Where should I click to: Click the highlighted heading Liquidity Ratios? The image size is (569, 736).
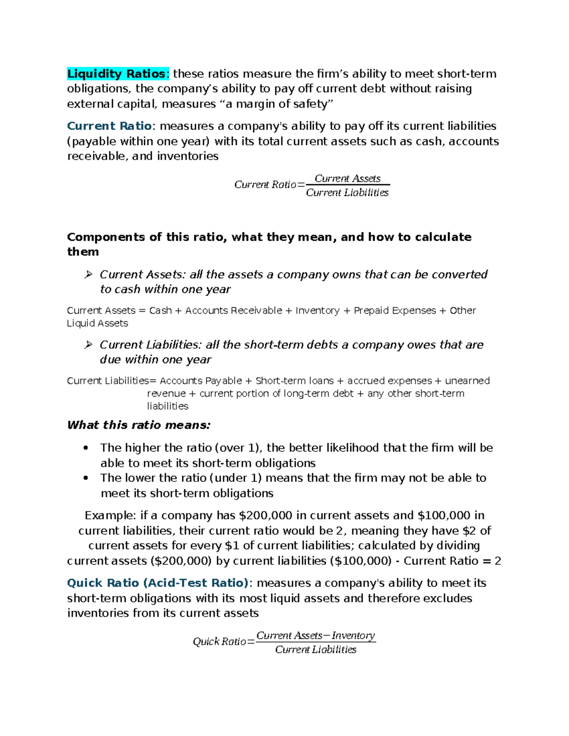coord(116,74)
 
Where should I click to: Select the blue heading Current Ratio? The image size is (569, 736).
coord(109,126)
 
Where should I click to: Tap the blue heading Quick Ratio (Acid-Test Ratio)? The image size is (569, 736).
coord(157,583)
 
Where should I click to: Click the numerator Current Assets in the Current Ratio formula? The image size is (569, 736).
coord(348,179)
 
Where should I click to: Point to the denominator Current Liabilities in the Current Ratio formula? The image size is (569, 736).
coord(347,192)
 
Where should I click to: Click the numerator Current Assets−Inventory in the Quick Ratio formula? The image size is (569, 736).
coord(315,636)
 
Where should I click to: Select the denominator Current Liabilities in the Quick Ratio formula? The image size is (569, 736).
coord(315,650)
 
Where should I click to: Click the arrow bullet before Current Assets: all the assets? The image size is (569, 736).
coord(88,275)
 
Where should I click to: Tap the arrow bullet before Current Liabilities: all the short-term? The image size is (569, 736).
coord(88,345)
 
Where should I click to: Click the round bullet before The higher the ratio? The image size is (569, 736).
coord(86,448)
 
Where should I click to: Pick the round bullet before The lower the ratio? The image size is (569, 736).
coord(86,478)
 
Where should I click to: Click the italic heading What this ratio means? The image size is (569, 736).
coord(138,425)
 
